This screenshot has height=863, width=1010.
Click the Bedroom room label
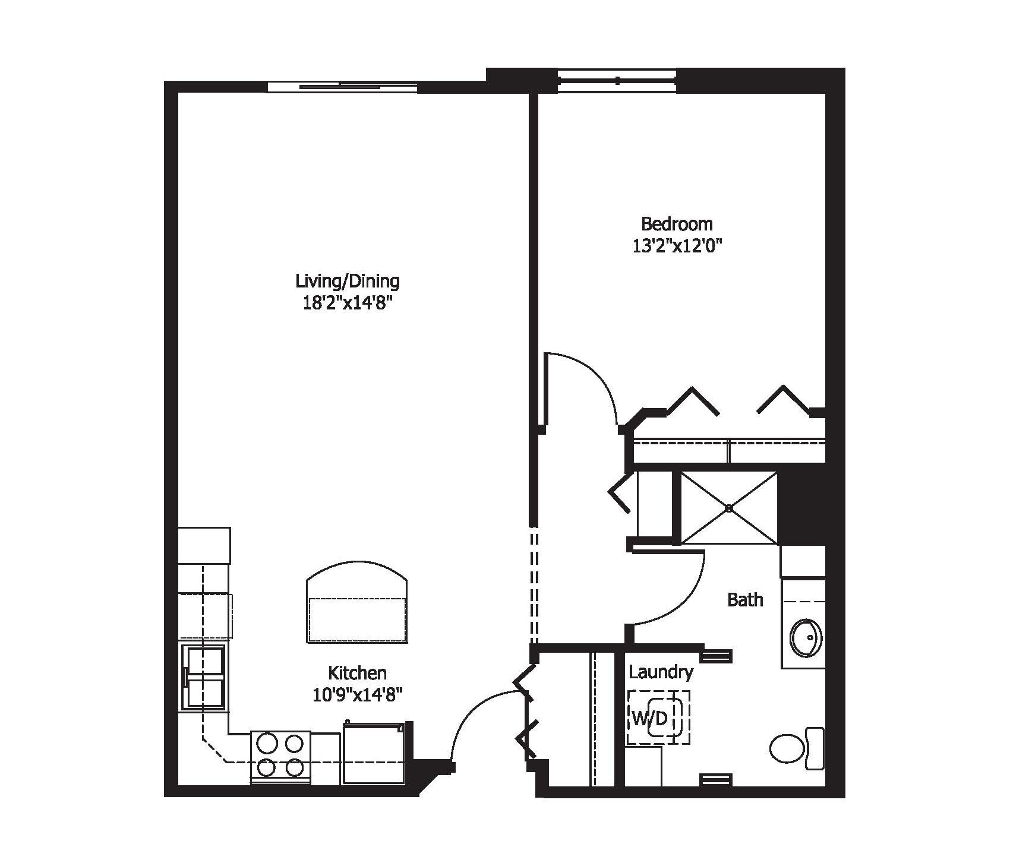tap(677, 224)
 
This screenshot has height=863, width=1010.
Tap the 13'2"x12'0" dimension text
tap(677, 246)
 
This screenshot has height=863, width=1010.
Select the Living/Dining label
tap(348, 280)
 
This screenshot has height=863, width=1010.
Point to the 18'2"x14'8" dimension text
tap(348, 304)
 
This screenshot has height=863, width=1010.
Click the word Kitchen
tap(357, 673)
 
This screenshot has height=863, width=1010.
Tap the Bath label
tap(745, 600)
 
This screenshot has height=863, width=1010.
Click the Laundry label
tap(661, 672)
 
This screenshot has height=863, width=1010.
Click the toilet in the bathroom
tap(796, 748)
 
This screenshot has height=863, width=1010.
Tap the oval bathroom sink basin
tap(806, 638)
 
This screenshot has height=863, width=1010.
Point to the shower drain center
tap(729, 508)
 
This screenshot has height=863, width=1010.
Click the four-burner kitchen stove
tap(280, 756)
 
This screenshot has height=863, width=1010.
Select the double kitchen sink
tap(204, 677)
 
